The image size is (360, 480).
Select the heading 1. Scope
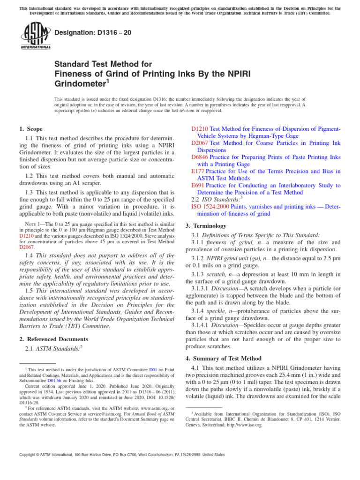(30, 129)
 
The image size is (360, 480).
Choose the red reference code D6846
(200, 157)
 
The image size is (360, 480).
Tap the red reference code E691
(198, 185)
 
